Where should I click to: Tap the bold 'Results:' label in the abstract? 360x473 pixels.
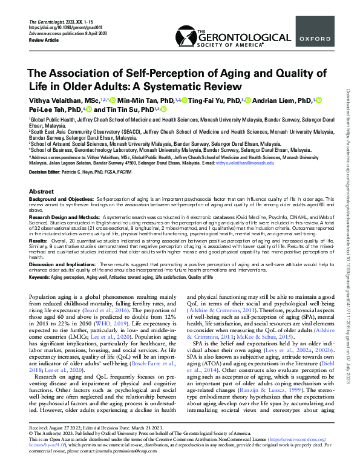point(39,241)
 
